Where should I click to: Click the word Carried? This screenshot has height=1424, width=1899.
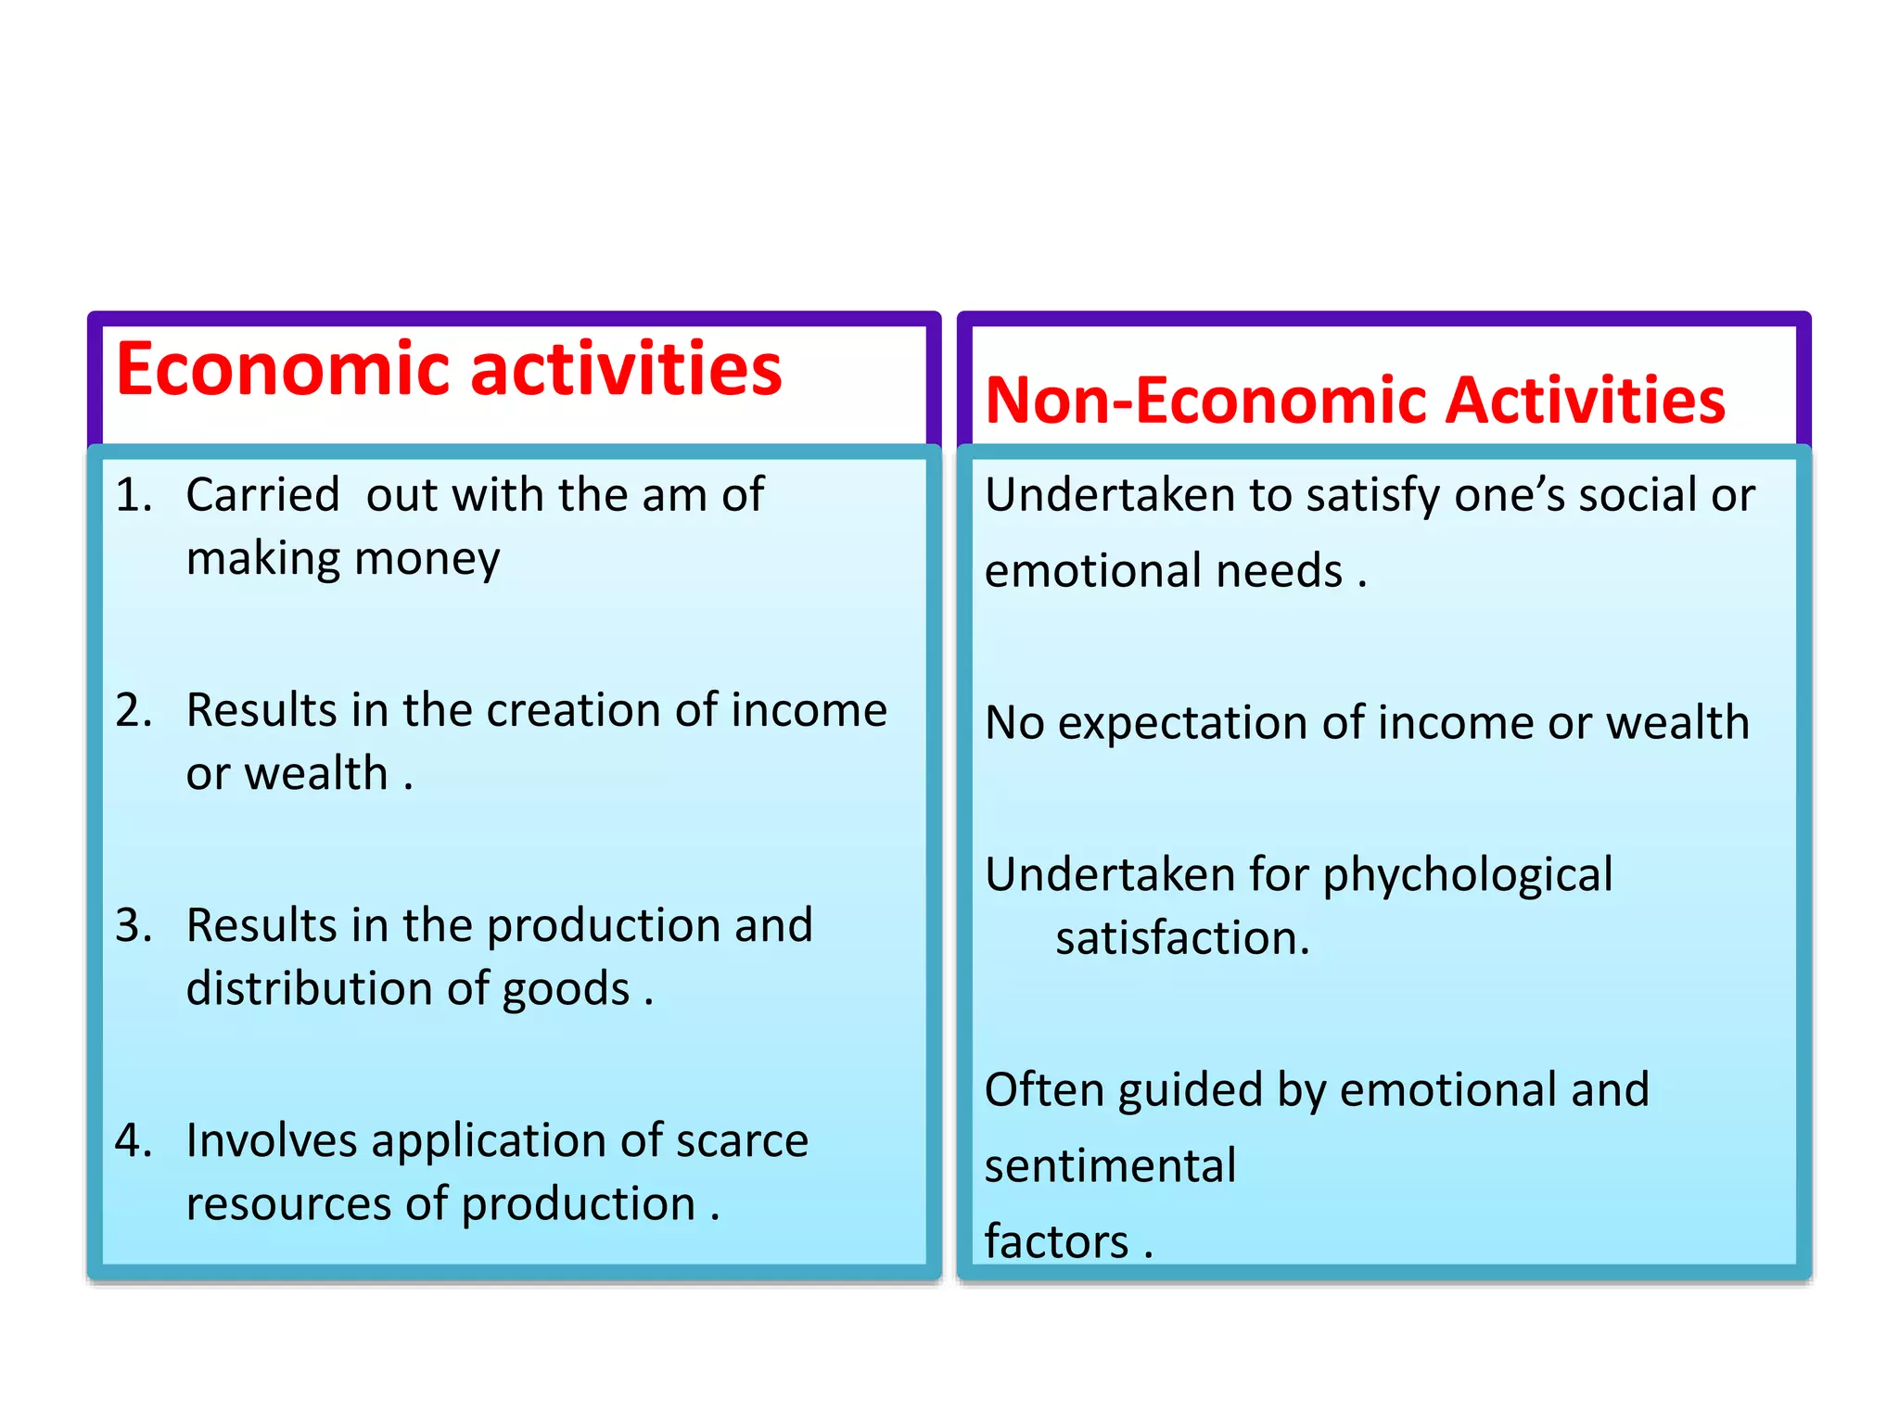coord(262,495)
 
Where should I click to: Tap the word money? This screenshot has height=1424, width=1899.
coord(427,560)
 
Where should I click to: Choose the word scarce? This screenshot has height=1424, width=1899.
coord(742,1141)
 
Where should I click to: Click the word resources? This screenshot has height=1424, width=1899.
coord(288,1204)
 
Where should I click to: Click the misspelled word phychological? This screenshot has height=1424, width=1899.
coord(1468,876)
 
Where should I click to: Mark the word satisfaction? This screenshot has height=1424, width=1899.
coord(1182,938)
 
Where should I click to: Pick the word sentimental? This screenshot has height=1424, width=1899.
coord(1110,1166)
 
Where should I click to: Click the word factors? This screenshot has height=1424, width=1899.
coord(1056,1242)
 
